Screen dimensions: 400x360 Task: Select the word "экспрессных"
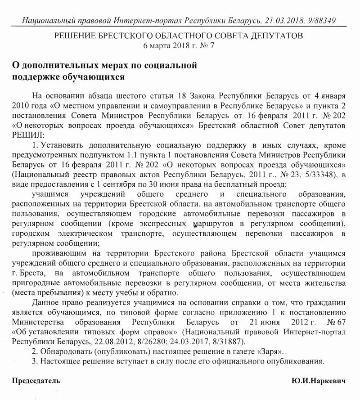coord(163,224)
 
